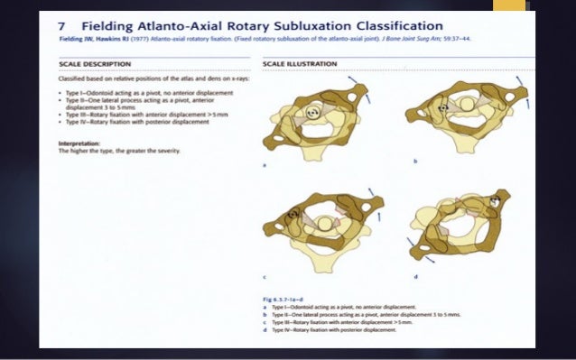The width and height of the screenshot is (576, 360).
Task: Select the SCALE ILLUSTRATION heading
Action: click(300, 64)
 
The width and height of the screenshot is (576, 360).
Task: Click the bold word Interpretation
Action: click(79, 143)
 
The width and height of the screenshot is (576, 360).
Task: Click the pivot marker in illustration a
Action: click(312, 113)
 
